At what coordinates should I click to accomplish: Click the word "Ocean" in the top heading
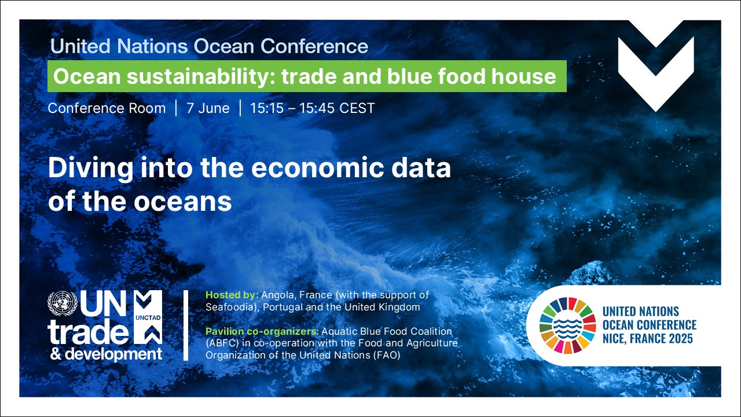coord(223,46)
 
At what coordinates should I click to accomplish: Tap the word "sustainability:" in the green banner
coord(201,77)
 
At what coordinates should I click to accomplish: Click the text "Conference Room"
coord(107,108)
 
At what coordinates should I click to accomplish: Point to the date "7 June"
coord(208,108)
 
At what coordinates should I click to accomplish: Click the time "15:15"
coord(267,108)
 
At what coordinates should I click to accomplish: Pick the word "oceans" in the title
coord(182,202)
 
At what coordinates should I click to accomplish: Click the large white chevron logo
coord(656,66)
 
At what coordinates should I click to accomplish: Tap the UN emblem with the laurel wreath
coord(63,303)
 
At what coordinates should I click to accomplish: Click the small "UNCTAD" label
coord(148,318)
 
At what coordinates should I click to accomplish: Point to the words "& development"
coord(106,354)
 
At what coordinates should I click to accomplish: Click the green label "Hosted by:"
coord(232,295)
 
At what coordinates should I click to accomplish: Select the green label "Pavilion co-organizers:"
coord(262,331)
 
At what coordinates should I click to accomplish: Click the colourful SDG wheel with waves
coord(568,325)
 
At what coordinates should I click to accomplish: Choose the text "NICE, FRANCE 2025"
coord(647,339)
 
